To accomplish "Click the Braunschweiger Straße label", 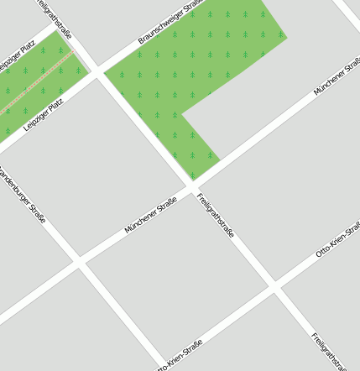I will tap(171, 22).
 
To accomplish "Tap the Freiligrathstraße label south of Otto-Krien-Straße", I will tap(328, 349).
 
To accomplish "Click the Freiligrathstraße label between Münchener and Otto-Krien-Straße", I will tap(216, 216).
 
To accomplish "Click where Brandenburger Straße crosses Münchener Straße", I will tap(79, 263).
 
